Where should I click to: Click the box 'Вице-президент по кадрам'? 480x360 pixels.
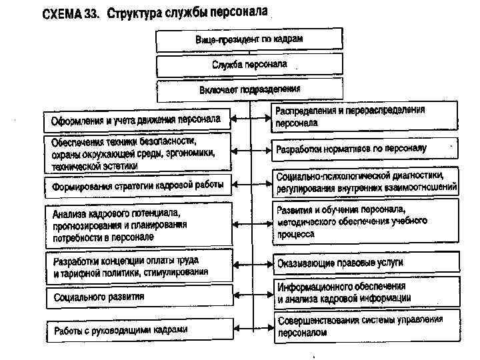pos(249,40)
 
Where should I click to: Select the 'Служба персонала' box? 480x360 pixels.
pos(249,65)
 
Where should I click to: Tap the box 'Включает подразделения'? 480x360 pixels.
pos(249,90)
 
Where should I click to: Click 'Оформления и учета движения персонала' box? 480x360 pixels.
pos(137,121)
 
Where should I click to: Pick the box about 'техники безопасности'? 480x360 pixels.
pos(137,153)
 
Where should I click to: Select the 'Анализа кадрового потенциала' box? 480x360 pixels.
pos(137,224)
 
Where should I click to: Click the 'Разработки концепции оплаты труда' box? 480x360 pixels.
pos(137,266)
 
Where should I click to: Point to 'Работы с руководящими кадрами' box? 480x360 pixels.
pos(137,330)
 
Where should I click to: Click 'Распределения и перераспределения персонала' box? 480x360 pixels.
pos(365,116)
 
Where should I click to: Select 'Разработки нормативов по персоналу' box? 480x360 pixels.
pos(365,149)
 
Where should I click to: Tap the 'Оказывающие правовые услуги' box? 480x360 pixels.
pos(365,263)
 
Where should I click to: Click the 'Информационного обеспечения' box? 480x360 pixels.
pos(365,291)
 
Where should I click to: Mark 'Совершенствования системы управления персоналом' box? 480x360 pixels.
pos(365,326)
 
